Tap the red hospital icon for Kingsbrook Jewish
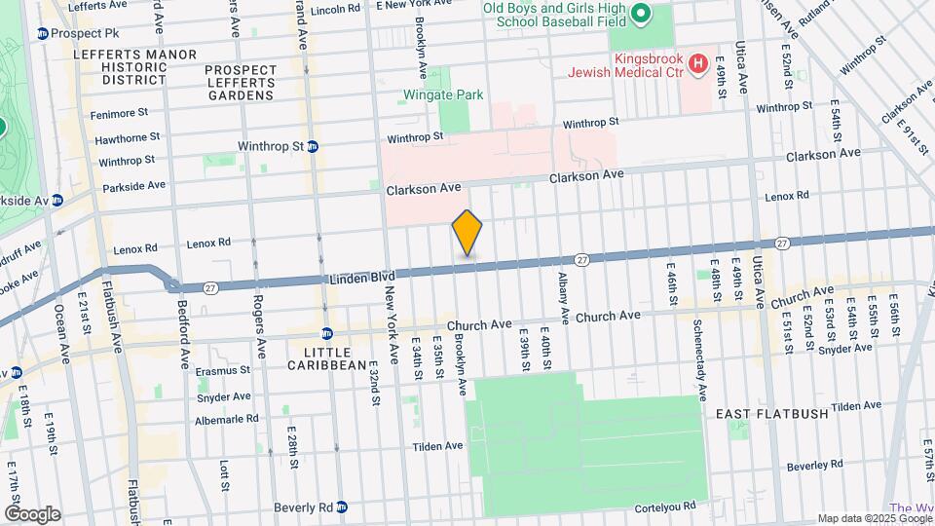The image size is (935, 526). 697,64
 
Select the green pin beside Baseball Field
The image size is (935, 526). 640,14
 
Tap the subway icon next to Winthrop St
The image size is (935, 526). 313,147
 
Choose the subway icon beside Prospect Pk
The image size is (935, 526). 42,34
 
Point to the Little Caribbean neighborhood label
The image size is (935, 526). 325,357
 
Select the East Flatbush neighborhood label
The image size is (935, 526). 771,414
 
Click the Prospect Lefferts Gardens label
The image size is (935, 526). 240,83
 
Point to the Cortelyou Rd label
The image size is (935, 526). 664,507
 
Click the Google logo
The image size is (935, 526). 32,513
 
